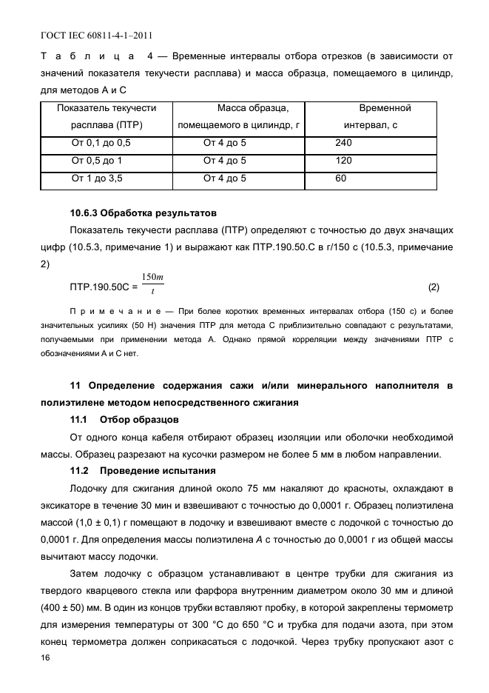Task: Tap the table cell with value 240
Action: (x=343, y=142)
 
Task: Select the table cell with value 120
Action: (x=343, y=161)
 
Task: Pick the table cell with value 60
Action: (x=340, y=178)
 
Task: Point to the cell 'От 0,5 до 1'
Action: (x=96, y=161)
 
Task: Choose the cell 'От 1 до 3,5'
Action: (x=97, y=178)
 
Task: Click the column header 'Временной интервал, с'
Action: (x=385, y=117)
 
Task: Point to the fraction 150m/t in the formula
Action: (x=152, y=284)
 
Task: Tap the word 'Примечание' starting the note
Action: (x=104, y=311)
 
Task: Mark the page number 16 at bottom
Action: (x=46, y=657)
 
